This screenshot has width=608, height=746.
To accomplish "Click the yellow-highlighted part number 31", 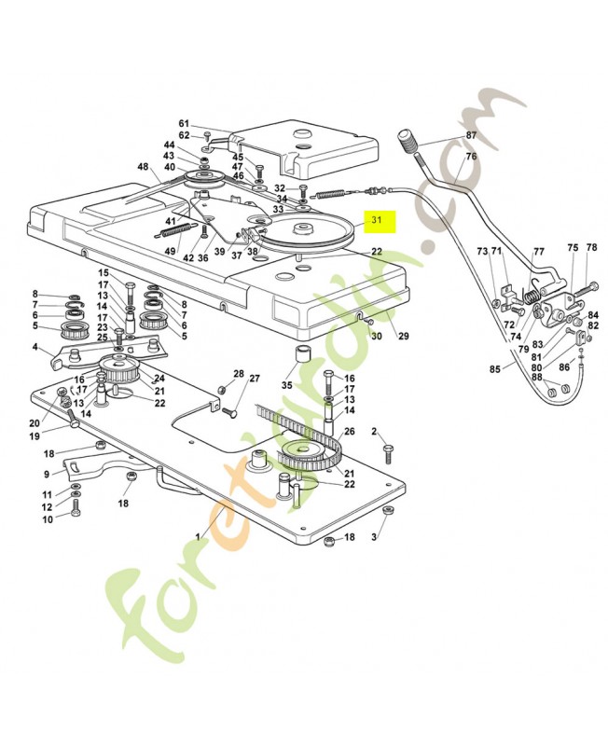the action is pyautogui.click(x=377, y=220).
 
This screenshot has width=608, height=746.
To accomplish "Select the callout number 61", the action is pyautogui.click(x=184, y=124).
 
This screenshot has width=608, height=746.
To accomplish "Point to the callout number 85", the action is pyautogui.click(x=495, y=368).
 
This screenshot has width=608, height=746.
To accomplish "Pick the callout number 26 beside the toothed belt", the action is pyautogui.click(x=350, y=432).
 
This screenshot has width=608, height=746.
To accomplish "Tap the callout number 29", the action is pyautogui.click(x=404, y=336).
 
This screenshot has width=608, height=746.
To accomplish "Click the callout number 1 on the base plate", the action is pyautogui.click(x=198, y=537).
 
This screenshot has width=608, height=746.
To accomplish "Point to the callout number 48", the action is pyautogui.click(x=143, y=167).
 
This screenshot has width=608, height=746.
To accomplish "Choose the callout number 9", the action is pyautogui.click(x=47, y=475).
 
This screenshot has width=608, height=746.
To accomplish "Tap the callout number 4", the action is pyautogui.click(x=35, y=347).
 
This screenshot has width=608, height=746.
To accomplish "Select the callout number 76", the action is pyautogui.click(x=471, y=156).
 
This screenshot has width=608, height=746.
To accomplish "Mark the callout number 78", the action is pyautogui.click(x=592, y=248).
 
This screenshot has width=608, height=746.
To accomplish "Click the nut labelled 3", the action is pyautogui.click(x=388, y=510).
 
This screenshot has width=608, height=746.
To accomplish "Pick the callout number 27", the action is pyautogui.click(x=255, y=379).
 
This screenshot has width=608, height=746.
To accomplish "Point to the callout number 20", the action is pyautogui.click(x=35, y=423).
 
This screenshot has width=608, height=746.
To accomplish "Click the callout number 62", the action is pyautogui.click(x=184, y=135).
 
